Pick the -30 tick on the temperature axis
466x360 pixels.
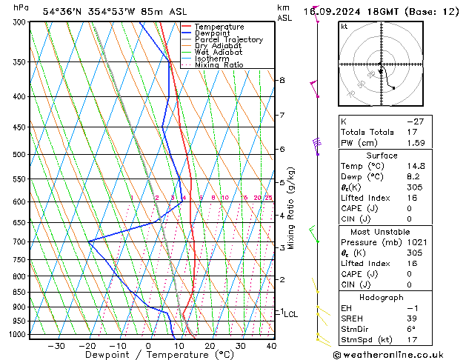[56, 346]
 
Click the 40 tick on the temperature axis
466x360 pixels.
[271, 346]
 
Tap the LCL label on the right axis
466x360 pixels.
[290, 314]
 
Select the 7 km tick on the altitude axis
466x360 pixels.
[282, 116]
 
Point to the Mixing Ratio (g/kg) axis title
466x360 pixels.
[292, 208]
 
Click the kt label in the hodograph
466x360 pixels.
[344, 27]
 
